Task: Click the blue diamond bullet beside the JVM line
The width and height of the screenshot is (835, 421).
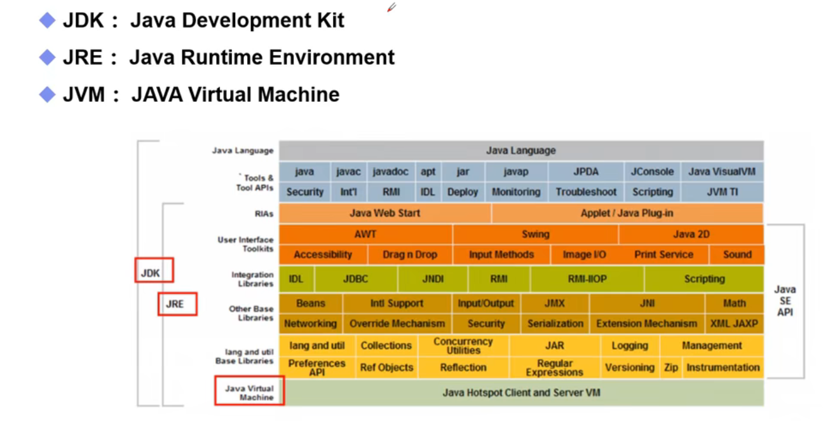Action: pos(47,94)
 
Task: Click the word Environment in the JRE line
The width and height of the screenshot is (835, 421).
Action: pos(332,57)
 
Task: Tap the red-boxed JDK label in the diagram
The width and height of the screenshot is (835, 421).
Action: pos(154,270)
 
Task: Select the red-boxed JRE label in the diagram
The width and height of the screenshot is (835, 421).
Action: pos(177,304)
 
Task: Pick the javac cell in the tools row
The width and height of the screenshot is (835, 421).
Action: pos(348,172)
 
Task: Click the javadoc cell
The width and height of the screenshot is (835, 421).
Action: pos(391,172)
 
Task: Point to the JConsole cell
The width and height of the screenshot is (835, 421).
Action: pos(652,172)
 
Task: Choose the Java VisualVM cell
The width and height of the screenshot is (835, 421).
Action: pos(722,172)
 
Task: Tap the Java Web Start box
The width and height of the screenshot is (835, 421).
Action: pos(384,213)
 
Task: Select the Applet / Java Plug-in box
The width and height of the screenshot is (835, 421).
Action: pos(627,213)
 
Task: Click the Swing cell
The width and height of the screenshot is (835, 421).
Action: pos(535,234)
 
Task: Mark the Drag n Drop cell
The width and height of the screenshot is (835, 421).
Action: pos(410,254)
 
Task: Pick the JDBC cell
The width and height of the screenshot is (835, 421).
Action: pos(356,279)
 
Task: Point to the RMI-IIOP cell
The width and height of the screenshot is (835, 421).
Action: pos(587,279)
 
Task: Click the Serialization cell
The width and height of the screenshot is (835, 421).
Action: pos(555,324)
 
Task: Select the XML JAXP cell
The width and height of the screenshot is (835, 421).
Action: pos(734,324)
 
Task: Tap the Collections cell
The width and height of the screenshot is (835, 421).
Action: pos(386,346)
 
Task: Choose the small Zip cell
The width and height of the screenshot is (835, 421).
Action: pos(671,368)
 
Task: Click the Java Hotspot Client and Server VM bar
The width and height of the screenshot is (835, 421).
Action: pos(522,392)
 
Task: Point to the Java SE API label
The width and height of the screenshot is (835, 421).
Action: pos(785,301)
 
